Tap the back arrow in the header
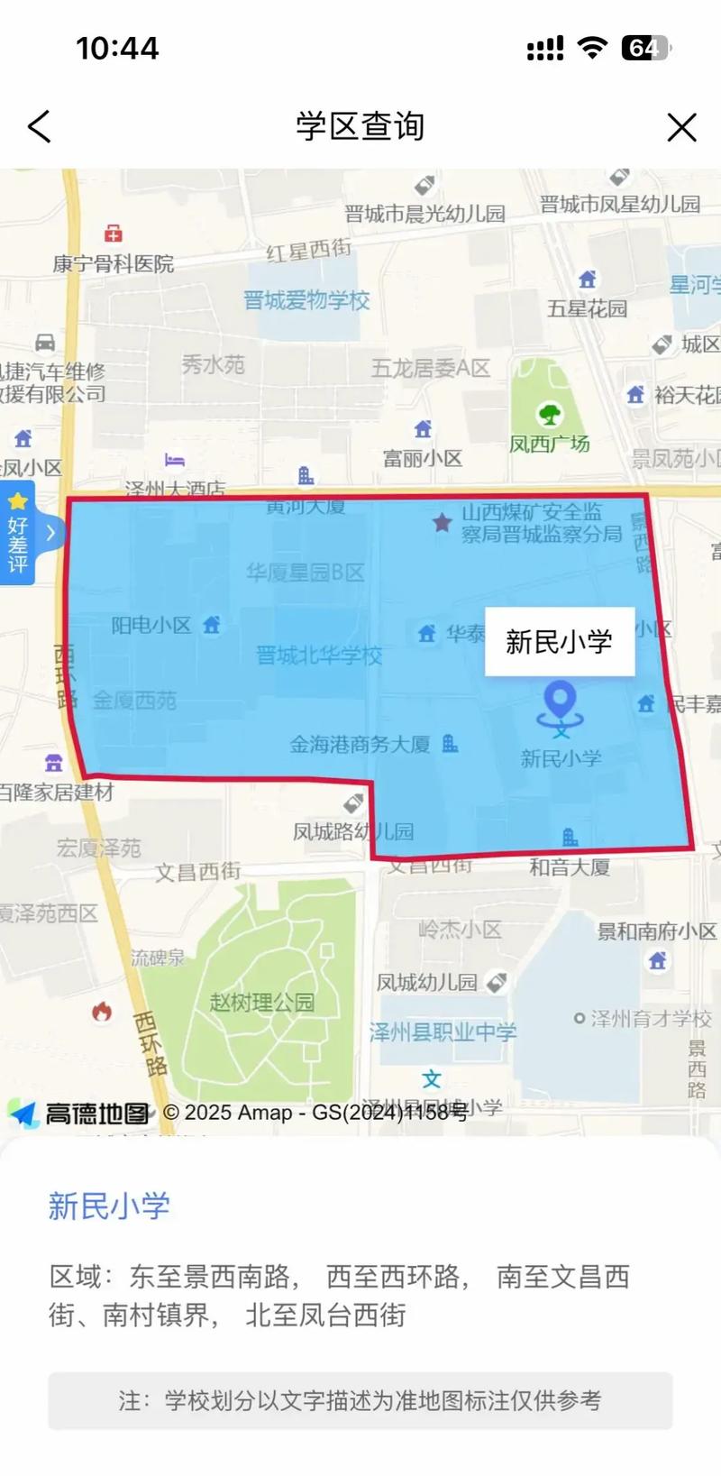(x=40, y=127)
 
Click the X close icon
(x=681, y=127)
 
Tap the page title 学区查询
(x=360, y=126)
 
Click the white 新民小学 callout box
(x=560, y=641)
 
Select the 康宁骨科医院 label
(x=114, y=264)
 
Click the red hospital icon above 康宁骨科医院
(x=114, y=234)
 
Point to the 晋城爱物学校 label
(x=306, y=300)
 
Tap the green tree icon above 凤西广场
(x=550, y=415)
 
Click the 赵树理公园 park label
(x=261, y=1002)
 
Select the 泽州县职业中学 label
(x=443, y=1032)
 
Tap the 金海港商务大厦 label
(x=360, y=745)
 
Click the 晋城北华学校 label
(x=319, y=655)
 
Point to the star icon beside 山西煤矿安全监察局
(x=442, y=522)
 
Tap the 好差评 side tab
(x=18, y=534)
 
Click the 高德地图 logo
(x=79, y=1114)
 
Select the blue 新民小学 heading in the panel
(x=109, y=1206)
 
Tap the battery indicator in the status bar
(x=645, y=48)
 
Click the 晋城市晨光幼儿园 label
(x=424, y=214)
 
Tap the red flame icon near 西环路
(x=102, y=1012)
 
